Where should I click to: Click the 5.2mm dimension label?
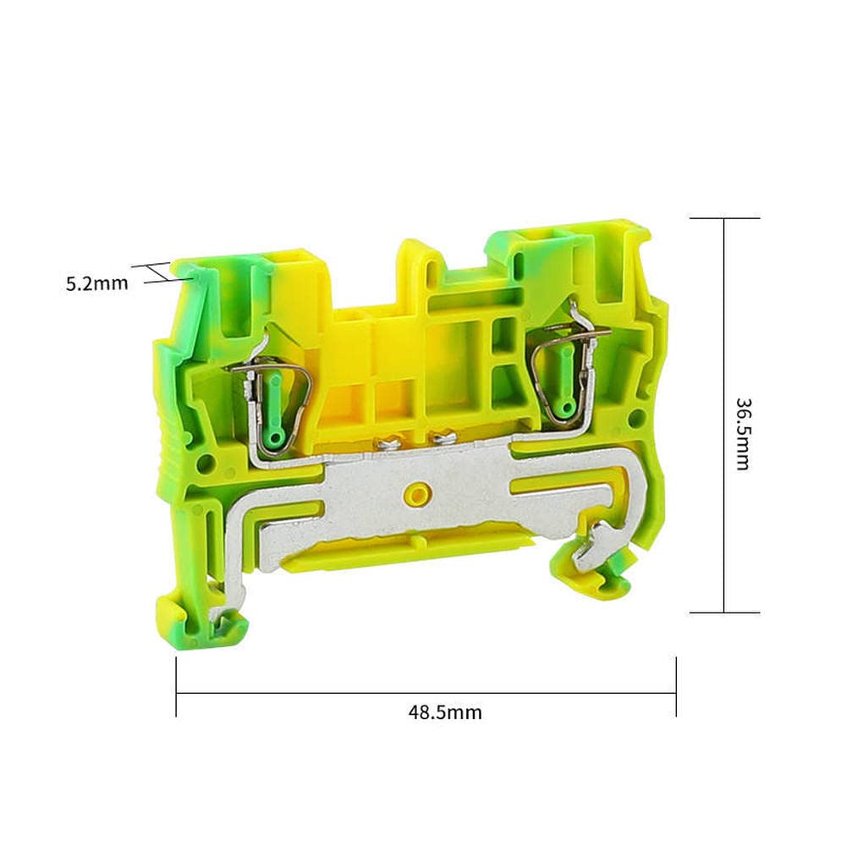click(97, 283)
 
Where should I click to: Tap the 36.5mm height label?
click(743, 433)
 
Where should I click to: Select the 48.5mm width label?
click(445, 712)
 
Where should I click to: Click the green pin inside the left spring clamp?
click(275, 398)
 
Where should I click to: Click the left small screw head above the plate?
click(391, 440)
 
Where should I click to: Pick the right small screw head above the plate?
click(442, 438)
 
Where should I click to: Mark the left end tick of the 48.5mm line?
click(176, 687)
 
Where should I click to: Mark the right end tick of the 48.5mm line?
click(676, 687)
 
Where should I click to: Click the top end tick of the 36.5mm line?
click(724, 218)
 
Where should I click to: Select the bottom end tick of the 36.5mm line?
click(724, 612)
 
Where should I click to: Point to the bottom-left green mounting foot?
click(203, 624)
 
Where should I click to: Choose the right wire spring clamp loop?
click(565, 372)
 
